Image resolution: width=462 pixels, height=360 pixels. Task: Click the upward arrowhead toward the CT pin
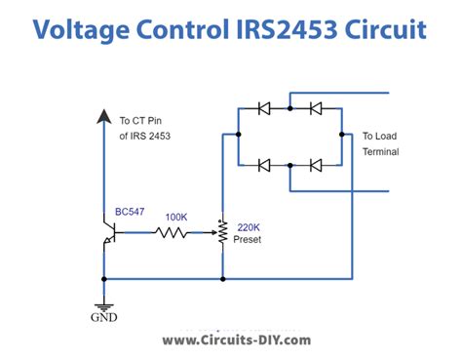click(x=104, y=116)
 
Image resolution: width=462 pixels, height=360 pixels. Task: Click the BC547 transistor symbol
click(x=108, y=233)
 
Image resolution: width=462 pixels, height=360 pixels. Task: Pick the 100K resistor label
click(x=177, y=216)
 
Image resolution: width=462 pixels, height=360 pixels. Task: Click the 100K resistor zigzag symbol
click(x=172, y=233)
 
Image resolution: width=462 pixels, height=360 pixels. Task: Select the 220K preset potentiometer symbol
click(x=223, y=233)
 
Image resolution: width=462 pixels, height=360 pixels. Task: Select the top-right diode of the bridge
click(x=316, y=109)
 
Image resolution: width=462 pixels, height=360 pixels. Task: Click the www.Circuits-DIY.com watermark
click(x=236, y=340)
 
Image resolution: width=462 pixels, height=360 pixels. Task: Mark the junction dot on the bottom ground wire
click(x=223, y=278)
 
